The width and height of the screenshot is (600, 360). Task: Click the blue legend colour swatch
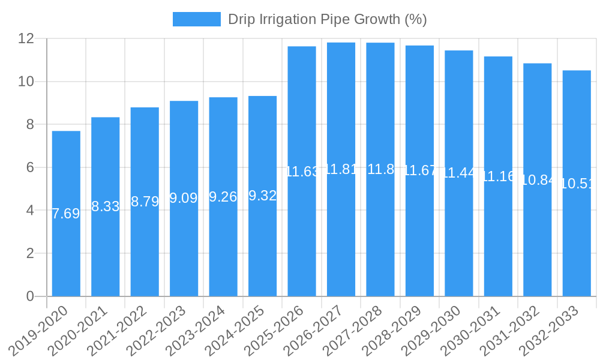click(x=196, y=19)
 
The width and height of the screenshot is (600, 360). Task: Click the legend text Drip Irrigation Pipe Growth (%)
click(x=327, y=19)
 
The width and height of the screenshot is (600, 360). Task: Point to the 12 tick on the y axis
click(x=26, y=38)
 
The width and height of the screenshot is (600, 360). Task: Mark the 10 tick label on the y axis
click(x=26, y=82)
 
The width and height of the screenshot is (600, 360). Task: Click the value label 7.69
click(x=66, y=214)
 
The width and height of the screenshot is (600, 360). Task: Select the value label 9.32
click(x=262, y=196)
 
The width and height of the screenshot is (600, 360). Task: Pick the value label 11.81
click(x=341, y=169)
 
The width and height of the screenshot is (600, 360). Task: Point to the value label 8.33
click(x=105, y=206)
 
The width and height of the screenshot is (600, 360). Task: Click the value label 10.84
click(x=538, y=180)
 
